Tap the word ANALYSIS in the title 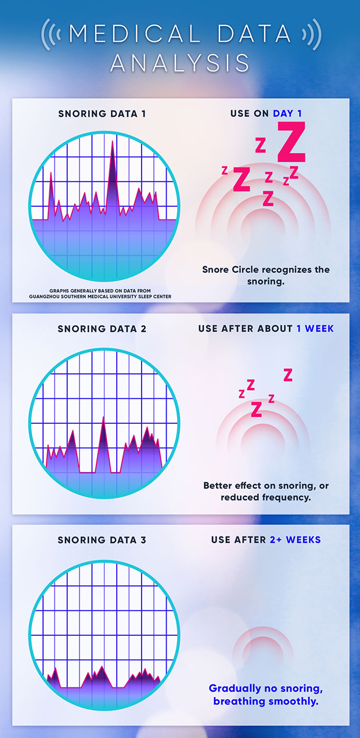[x=180, y=62]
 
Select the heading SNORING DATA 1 [x=102, y=113]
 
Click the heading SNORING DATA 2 [x=102, y=329]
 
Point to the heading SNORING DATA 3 [x=102, y=540]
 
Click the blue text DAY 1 [x=288, y=113]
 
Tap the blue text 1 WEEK [x=315, y=329]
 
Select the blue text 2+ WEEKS [x=295, y=540]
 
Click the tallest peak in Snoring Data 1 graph [x=112, y=142]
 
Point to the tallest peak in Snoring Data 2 [x=103, y=418]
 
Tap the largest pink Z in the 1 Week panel [x=256, y=409]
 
